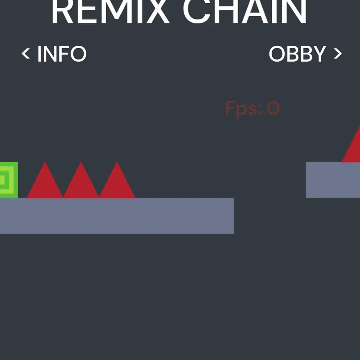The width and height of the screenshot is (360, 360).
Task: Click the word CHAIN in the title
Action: click(x=245, y=12)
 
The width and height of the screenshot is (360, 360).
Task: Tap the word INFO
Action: click(x=62, y=54)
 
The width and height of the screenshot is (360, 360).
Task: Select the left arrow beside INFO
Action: click(x=26, y=54)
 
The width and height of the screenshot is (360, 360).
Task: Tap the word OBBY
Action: click(x=297, y=54)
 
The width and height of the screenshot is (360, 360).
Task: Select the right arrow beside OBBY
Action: click(x=338, y=54)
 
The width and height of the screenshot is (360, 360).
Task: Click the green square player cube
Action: click(x=9, y=180)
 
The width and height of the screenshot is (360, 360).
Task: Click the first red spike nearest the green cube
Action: click(x=45, y=184)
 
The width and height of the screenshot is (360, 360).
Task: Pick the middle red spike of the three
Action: click(x=81, y=184)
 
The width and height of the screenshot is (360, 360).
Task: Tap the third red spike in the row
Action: click(x=117, y=184)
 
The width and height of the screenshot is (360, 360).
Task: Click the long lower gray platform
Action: click(x=117, y=216)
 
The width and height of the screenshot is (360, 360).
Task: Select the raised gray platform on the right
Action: click(x=333, y=180)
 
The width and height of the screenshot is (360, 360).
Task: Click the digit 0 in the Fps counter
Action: click(x=273, y=108)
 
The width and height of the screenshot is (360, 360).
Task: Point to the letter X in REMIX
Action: click(x=157, y=12)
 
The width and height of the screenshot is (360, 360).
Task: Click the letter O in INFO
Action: click(x=78, y=54)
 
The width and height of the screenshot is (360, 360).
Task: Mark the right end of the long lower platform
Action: click(x=234, y=216)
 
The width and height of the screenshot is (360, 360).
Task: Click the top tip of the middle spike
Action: click(x=81, y=162)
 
